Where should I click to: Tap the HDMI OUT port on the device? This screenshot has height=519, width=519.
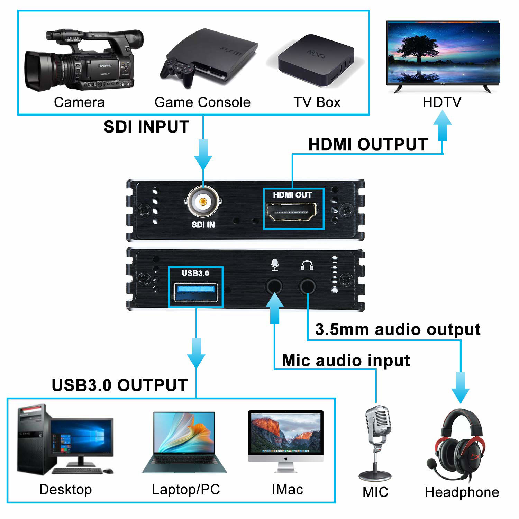point(291,212)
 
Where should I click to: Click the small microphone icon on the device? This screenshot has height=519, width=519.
point(275,265)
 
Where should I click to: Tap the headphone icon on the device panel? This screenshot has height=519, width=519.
point(307,265)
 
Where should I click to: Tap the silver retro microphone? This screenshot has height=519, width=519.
point(377,439)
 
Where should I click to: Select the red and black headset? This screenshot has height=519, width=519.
point(458,446)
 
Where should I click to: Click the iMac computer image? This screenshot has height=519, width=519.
point(286,439)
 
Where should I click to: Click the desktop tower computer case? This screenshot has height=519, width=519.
point(33,439)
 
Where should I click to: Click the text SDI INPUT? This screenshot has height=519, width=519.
point(146,127)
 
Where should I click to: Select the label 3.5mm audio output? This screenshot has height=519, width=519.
point(398,329)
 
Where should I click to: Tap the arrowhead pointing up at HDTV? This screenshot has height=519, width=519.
point(443,119)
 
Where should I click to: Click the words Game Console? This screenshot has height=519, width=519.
point(202,102)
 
